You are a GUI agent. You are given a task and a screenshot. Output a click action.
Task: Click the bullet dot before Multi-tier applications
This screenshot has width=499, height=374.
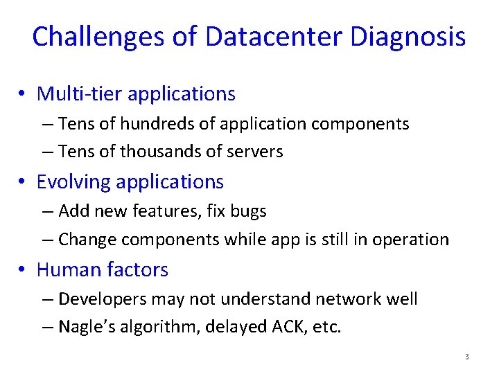pos(24,94)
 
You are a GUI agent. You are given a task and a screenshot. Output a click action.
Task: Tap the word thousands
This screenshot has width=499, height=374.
pos(155,151)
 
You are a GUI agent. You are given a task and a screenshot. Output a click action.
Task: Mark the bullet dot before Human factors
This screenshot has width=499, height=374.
pos(24,270)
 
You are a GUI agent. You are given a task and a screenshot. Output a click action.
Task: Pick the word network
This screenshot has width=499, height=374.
pos(347,299)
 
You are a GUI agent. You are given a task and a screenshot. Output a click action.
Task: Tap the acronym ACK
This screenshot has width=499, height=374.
pos(282,326)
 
